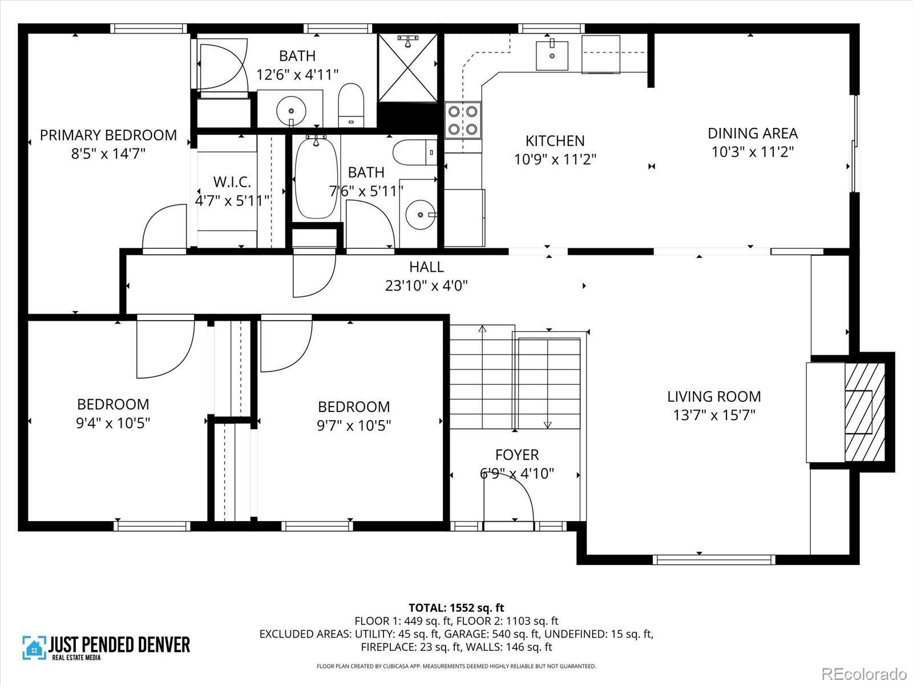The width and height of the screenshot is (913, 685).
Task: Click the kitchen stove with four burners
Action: click(x=463, y=120)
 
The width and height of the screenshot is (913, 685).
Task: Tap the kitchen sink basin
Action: click(x=552, y=55)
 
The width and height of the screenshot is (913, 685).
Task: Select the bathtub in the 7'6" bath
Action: click(x=316, y=178)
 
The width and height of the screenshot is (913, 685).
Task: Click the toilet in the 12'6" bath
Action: click(x=351, y=105)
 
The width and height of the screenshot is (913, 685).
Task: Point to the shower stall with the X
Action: click(x=407, y=68)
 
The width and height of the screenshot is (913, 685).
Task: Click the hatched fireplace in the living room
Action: click(x=864, y=412)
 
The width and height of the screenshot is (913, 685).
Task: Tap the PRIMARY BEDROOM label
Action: click(x=108, y=135)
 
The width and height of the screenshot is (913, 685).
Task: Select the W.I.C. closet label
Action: click(x=232, y=182)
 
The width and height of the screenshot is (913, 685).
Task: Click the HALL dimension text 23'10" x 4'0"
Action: click(x=426, y=286)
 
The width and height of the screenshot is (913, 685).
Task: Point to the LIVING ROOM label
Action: click(x=714, y=396)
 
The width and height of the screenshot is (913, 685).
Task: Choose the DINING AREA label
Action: click(x=753, y=133)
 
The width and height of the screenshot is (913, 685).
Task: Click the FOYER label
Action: click(x=517, y=454)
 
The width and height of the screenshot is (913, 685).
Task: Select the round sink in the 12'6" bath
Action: click(x=291, y=111)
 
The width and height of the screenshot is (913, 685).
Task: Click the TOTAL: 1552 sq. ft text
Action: click(x=457, y=607)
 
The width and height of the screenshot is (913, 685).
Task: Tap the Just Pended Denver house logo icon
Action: click(x=34, y=647)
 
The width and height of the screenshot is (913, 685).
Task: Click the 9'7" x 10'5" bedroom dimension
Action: click(x=354, y=425)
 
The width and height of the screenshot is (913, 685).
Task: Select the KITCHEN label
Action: click(x=555, y=140)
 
